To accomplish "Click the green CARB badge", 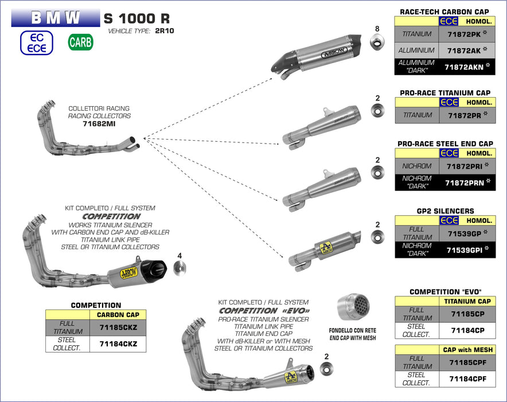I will pos(80,42).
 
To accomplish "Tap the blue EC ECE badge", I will pos(37,42).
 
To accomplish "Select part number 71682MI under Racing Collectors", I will pos(99,123).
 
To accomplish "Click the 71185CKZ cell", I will pos(118,327).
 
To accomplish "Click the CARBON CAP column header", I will pos(118,315).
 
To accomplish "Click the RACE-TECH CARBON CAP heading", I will pos(444,11).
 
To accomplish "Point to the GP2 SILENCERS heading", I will pos(444,211).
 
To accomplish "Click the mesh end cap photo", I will pos(354,309).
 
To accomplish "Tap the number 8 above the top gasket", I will pos(377,29).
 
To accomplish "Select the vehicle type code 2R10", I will pos(165,31).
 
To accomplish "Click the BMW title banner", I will pos(56,17).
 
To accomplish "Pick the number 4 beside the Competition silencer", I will pos(180,255).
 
